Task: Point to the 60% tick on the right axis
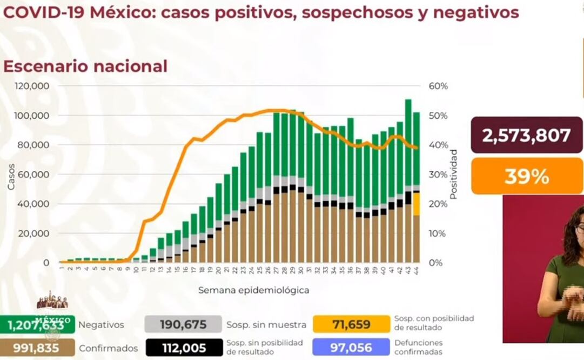(439, 86)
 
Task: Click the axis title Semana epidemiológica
(253, 290)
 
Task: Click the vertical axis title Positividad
(453, 174)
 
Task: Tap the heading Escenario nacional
(85, 66)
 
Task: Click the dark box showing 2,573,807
(526, 135)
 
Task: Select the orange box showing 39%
(526, 176)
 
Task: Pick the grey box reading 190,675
(183, 324)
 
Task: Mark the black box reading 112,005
(183, 348)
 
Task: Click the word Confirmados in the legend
(108, 349)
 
